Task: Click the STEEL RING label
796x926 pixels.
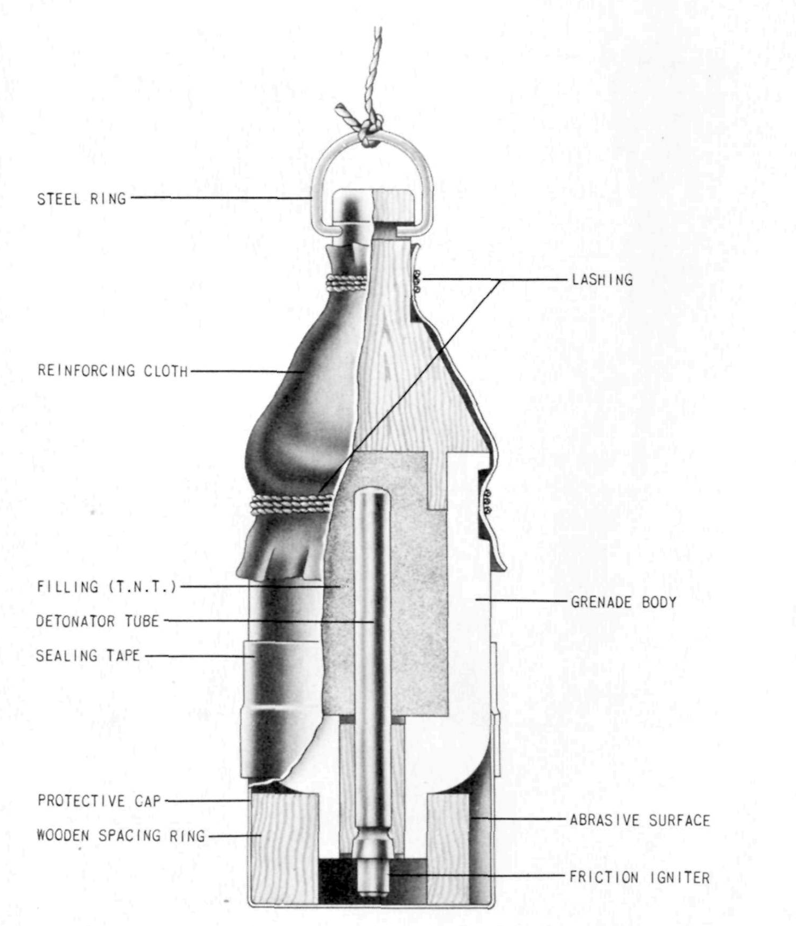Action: tap(82, 199)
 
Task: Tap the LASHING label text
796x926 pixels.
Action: tap(602, 280)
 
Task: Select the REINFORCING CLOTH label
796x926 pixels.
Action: tap(113, 370)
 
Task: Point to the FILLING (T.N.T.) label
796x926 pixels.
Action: tap(106, 587)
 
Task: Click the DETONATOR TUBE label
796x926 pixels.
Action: tap(98, 621)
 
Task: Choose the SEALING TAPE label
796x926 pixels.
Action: tap(87, 655)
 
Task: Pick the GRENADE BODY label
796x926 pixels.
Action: tap(624, 602)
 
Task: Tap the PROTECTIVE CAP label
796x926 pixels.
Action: tap(99, 801)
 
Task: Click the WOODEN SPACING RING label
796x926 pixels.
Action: tap(121, 835)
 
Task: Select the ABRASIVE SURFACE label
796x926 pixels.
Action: tap(640, 820)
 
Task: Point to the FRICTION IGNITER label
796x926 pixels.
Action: tap(640, 877)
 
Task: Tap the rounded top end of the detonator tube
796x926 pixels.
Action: tap(372, 494)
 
